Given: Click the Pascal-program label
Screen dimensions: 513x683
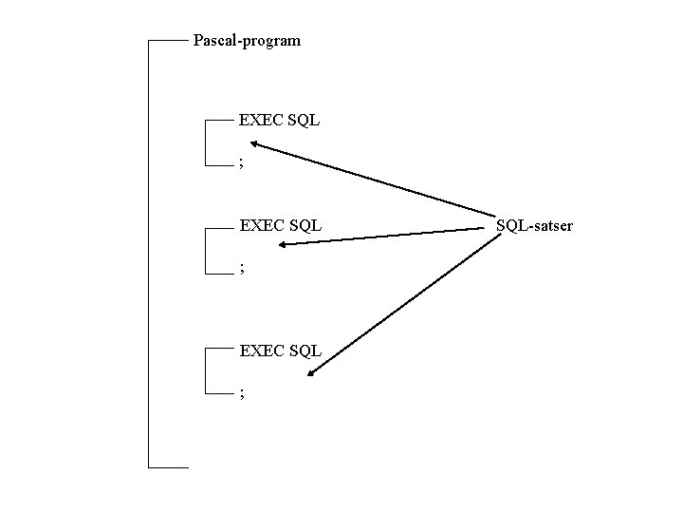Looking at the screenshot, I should [x=247, y=41].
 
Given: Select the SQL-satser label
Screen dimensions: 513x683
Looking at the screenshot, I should [x=534, y=226].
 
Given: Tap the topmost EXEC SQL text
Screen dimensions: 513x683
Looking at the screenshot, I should [x=280, y=121].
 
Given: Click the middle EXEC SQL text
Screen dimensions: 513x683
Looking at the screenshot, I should [x=280, y=226].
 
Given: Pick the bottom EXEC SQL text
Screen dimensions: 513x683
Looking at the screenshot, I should [x=280, y=351].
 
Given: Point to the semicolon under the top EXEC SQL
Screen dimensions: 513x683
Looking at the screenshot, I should [x=242, y=164].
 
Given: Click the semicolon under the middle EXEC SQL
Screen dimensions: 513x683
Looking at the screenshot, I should [x=242, y=270].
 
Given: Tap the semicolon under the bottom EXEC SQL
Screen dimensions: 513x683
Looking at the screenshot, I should [x=242, y=393].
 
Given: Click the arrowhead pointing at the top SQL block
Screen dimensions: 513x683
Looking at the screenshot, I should [x=255, y=144].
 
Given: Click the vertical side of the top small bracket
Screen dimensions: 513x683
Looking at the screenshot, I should [x=206, y=142].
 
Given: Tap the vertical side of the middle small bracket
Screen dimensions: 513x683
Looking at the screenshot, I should [x=206, y=250].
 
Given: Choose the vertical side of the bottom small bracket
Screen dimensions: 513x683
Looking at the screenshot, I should [x=206, y=370].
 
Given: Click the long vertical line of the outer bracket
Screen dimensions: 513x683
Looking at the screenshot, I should [x=149, y=256].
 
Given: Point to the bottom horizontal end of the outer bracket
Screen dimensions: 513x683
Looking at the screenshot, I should [x=169, y=467].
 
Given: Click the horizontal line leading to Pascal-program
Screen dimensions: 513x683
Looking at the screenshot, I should [x=168, y=41].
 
